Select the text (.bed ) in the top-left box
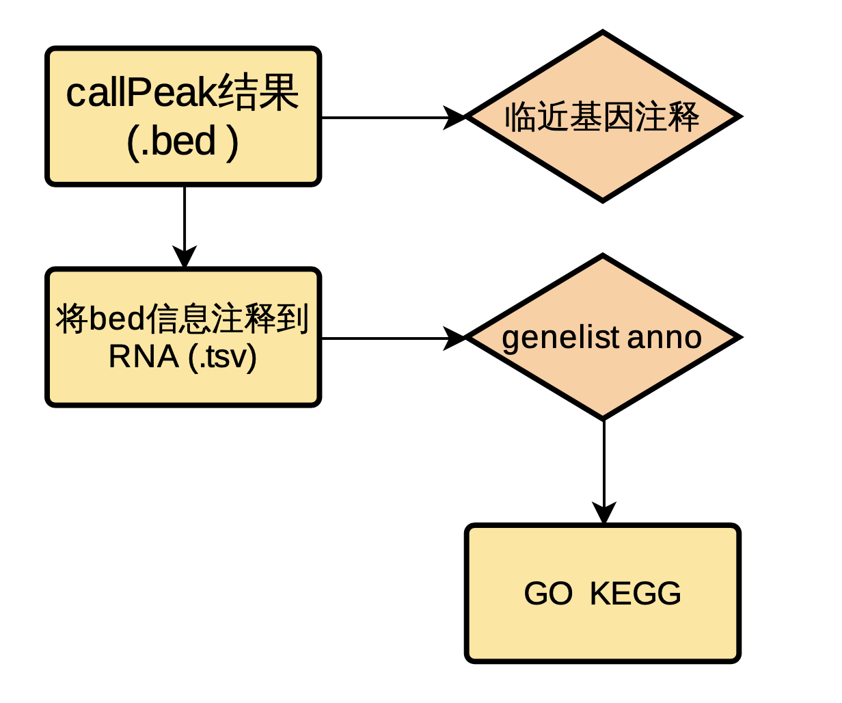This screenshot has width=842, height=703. pos(182,142)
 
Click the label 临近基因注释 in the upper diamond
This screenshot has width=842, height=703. pos(602,117)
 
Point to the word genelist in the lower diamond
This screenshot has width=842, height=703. pos(560,337)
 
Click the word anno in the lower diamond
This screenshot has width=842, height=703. pos(664,337)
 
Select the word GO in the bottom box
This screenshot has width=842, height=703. pos(548,594)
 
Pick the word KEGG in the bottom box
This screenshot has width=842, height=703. pos(635,594)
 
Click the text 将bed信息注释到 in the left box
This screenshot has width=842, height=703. pos(182,319)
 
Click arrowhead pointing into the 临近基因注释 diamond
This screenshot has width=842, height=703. pos(454,117)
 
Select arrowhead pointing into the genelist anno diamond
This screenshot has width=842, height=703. pos(454,338)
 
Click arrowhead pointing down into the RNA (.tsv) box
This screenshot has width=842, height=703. pos(185,257)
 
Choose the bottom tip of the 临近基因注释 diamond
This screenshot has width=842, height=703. pos(603,200)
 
